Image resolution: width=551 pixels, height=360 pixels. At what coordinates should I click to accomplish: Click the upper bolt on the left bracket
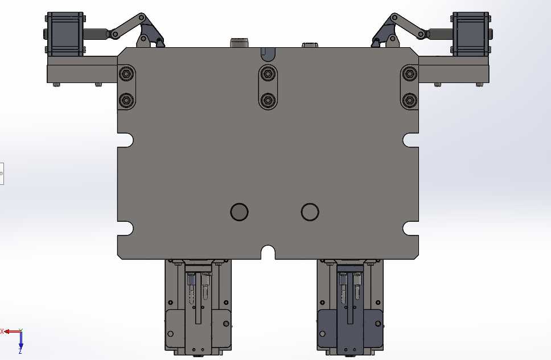click(126, 74)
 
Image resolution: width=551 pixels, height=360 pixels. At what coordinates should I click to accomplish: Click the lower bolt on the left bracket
click(126, 101)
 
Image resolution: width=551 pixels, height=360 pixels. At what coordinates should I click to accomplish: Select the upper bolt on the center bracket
click(268, 74)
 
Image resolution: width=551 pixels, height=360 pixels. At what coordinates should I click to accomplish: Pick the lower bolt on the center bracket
click(268, 100)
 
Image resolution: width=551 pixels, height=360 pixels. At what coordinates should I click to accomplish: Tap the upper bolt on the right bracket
click(409, 74)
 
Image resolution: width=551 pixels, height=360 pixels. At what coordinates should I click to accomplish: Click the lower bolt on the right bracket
click(409, 101)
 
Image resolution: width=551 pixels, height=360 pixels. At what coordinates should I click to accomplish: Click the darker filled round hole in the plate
click(239, 212)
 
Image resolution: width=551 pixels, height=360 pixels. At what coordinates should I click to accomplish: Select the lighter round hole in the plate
click(310, 212)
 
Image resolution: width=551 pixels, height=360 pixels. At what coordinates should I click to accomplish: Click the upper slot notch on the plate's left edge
click(126, 140)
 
